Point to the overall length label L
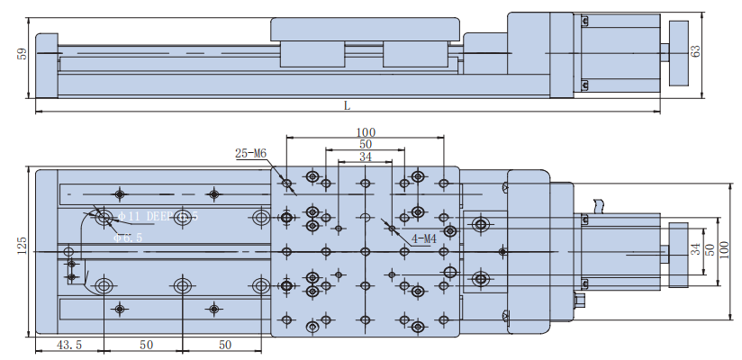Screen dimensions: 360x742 pyautogui.click(x=347, y=105)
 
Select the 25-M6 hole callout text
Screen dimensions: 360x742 pyautogui.click(x=250, y=153)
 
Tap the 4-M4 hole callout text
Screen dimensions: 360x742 pyautogui.click(x=424, y=238)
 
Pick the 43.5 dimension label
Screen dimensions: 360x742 pyautogui.click(x=70, y=345)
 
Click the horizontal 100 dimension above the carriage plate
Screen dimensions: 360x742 pyautogui.click(x=365, y=132)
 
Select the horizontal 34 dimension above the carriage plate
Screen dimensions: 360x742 pyautogui.click(x=365, y=157)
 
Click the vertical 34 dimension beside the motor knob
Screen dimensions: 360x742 pyautogui.click(x=695, y=249)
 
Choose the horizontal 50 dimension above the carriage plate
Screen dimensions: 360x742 pyautogui.click(x=365, y=144)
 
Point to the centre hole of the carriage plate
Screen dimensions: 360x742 pyautogui.click(x=365, y=251)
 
